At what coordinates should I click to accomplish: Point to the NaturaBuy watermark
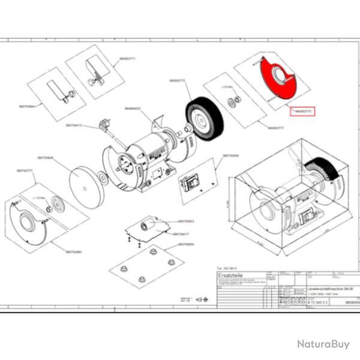pos(323,344)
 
